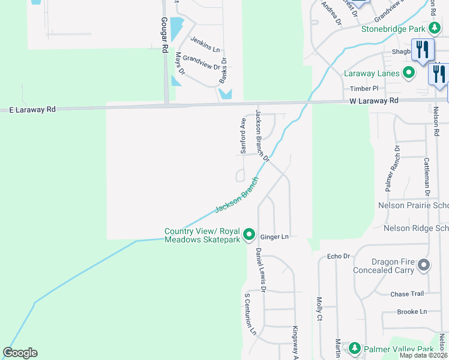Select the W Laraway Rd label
[375, 101]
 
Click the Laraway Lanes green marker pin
[409, 74]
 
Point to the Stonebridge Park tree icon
[434, 28]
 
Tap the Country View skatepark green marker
[249, 235]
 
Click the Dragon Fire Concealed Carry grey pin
[424, 265]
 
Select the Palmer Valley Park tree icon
[355, 349]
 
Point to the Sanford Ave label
[244, 136]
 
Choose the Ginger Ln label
[275, 237]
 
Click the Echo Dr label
[339, 256]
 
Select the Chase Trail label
[407, 294]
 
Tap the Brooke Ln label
[412, 312]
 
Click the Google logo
[20, 353]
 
